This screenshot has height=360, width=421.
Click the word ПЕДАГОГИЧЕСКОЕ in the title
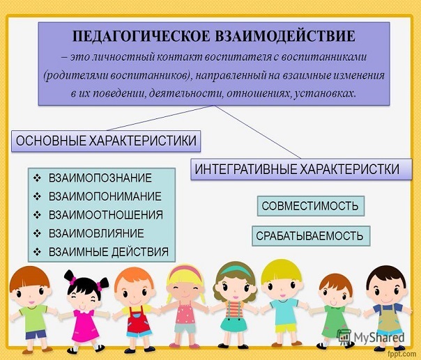(x=141, y=36)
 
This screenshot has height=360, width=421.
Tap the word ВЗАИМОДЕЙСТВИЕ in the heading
(x=285, y=36)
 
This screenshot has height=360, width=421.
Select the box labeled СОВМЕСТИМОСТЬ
(x=311, y=206)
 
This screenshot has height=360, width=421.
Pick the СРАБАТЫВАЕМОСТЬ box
(x=311, y=236)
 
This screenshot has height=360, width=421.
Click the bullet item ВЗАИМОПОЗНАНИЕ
(x=100, y=178)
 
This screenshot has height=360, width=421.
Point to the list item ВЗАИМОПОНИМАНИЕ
(x=105, y=196)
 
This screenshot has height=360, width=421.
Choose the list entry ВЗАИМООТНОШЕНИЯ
(x=106, y=215)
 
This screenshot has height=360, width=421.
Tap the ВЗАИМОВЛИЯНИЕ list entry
(x=96, y=233)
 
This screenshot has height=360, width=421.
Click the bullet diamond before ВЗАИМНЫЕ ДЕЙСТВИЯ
(x=37, y=252)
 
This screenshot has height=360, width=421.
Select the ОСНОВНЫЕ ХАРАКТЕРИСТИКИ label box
(x=106, y=141)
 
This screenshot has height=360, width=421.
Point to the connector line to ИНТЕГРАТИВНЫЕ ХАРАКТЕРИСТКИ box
(x=258, y=132)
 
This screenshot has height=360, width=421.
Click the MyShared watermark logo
(x=371, y=337)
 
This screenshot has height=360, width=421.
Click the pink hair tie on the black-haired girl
(x=72, y=281)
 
